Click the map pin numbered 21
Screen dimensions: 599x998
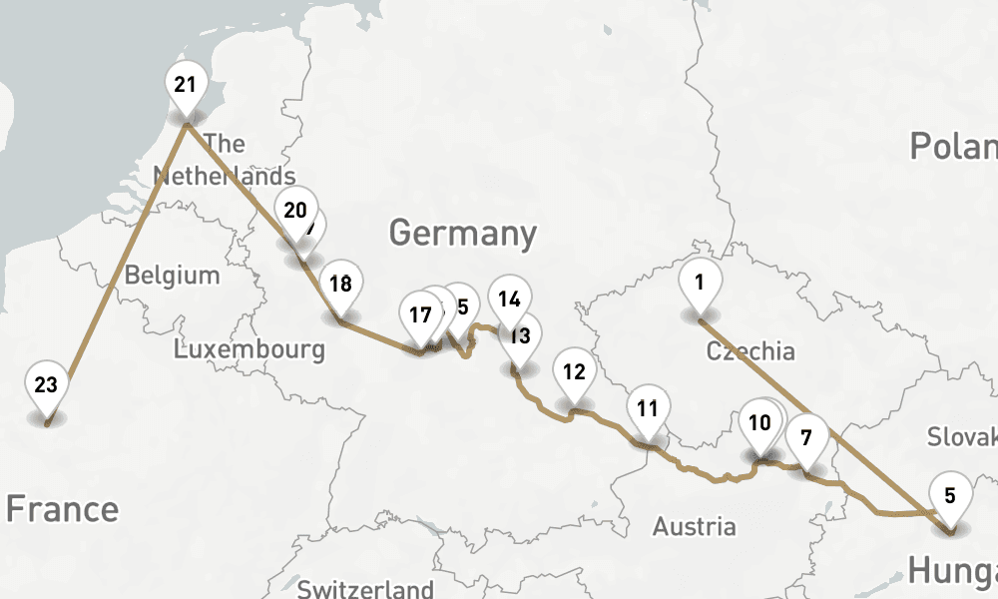[185, 86]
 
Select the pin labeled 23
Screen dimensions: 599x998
[47, 386]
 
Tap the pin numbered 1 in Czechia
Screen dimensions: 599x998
[700, 284]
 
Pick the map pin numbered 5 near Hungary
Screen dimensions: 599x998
[949, 496]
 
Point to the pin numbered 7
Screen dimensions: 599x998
[806, 437]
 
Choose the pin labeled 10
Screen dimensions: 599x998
[759, 424]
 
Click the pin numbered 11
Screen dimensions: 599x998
[648, 409]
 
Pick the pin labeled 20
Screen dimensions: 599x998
[294, 212]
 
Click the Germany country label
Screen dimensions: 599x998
[463, 234]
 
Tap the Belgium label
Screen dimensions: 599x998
[172, 275]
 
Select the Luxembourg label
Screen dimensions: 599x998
[249, 349]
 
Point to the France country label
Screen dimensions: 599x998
[62, 509]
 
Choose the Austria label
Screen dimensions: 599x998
[695, 526]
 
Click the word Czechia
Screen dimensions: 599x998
[750, 351]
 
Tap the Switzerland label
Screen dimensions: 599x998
[365, 589]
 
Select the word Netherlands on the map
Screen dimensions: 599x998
[225, 177]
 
